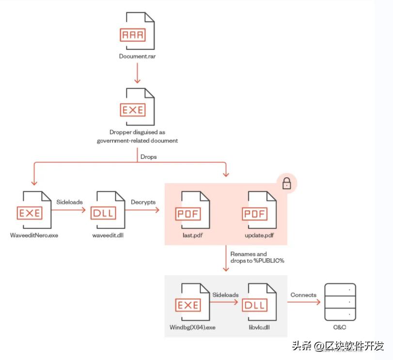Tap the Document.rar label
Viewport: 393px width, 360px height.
(138, 56)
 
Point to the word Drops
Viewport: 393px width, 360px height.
(148, 157)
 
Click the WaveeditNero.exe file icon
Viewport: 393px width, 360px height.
(33, 211)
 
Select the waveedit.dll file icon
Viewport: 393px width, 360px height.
(108, 211)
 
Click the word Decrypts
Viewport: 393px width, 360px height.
(143, 202)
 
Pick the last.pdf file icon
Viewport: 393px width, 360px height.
(192, 211)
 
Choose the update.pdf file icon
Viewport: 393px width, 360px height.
(259, 211)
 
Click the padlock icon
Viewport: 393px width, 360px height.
(286, 184)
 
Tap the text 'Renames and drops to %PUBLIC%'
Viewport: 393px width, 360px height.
(256, 257)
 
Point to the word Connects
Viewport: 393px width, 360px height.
(303, 295)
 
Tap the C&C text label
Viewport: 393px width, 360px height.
(340, 328)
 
